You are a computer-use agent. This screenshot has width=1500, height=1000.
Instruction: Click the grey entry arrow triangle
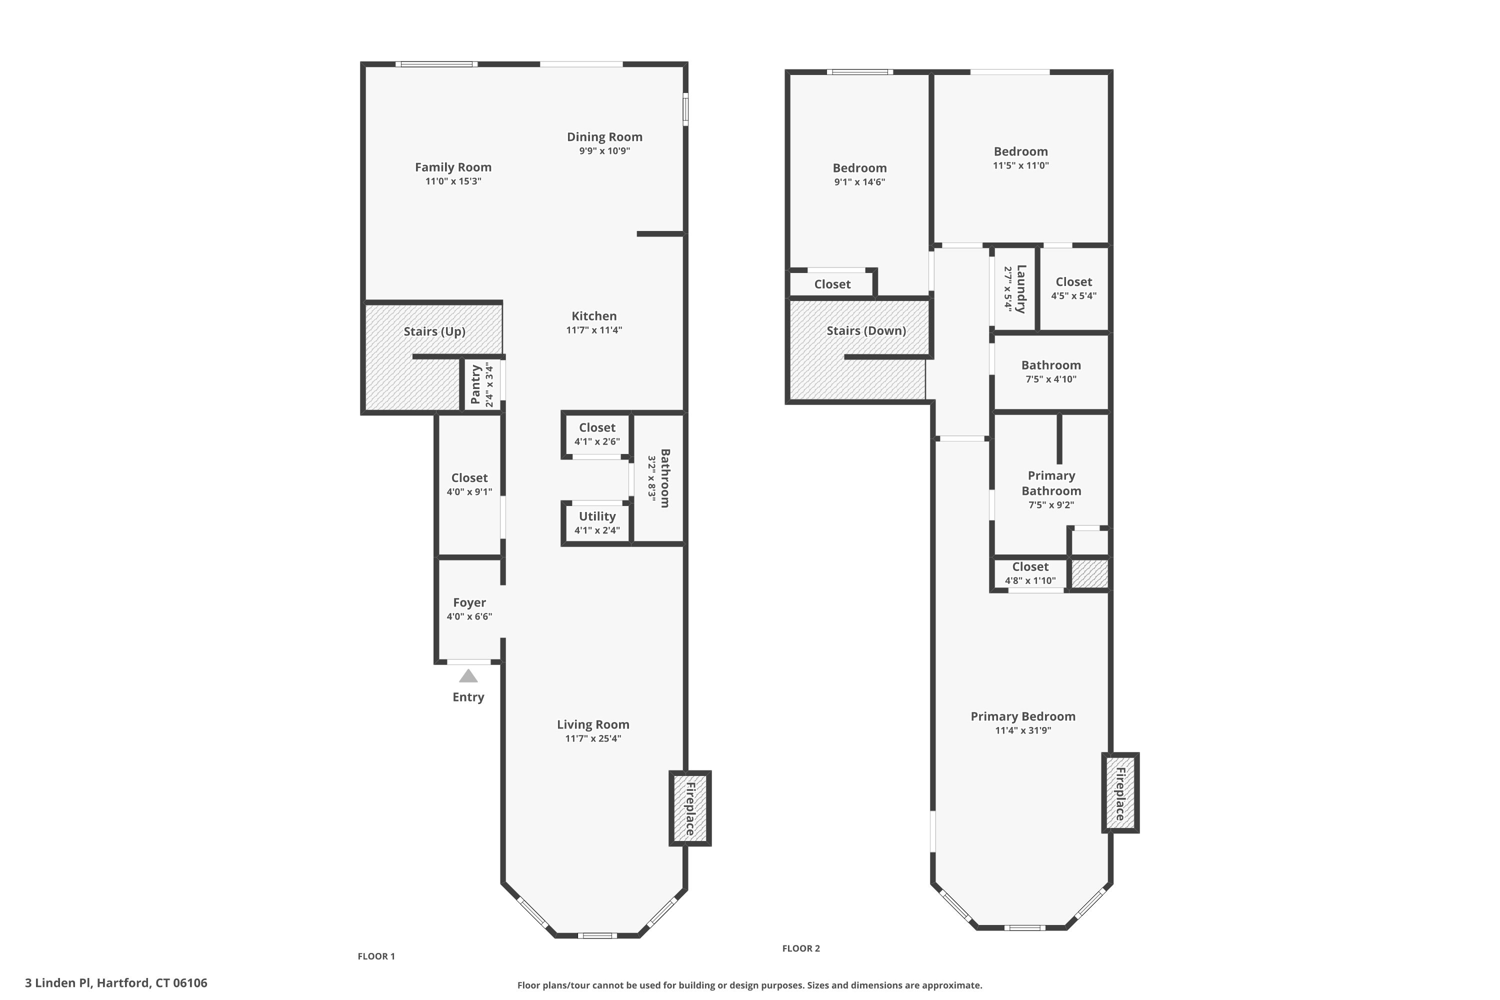[x=468, y=676]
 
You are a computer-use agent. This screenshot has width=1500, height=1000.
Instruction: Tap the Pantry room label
[x=475, y=384]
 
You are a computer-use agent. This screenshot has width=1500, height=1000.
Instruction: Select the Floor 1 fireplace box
[x=690, y=808]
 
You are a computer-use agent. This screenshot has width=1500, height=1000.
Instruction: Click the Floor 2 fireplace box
[x=1120, y=792]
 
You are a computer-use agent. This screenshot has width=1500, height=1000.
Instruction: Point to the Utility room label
[x=597, y=516]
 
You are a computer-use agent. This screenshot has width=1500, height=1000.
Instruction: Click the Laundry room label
[x=1021, y=289]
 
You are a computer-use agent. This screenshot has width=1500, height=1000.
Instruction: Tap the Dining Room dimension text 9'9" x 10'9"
[x=604, y=151]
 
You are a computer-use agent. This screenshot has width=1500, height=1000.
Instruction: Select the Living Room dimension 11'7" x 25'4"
[x=593, y=738]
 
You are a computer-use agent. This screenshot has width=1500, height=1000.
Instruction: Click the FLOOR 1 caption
[x=376, y=956]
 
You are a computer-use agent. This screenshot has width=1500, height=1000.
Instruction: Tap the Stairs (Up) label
[x=434, y=331]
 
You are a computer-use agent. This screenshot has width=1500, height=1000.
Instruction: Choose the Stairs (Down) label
[x=866, y=331]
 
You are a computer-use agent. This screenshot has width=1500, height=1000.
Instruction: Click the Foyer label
[x=469, y=602]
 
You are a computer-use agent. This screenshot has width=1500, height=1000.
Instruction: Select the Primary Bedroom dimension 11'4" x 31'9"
[x=1023, y=730]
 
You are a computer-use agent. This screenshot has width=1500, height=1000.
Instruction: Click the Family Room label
[x=453, y=167]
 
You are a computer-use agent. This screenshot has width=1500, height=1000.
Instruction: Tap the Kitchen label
[x=594, y=315]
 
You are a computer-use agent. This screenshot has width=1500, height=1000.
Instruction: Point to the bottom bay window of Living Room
[x=597, y=935]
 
